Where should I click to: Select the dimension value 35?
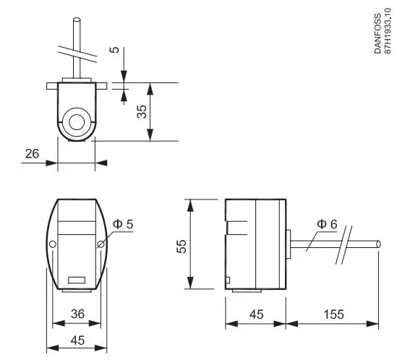pyautogui.click(x=142, y=111)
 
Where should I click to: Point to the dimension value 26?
pyautogui.click(x=31, y=153)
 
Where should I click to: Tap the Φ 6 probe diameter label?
pyautogui.click(x=328, y=225)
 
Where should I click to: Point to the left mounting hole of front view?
pyautogui.click(x=52, y=245)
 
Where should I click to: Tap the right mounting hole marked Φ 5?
pyautogui.click(x=101, y=245)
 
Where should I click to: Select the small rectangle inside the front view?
pyautogui.click(x=76, y=279)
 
